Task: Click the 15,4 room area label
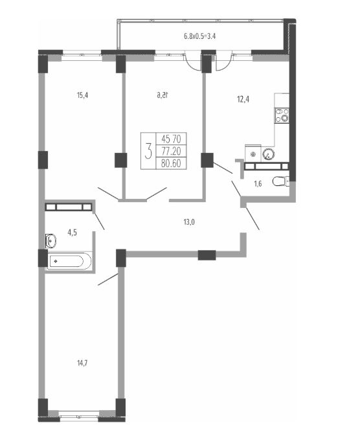click(x=83, y=95)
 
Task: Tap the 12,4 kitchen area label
click(x=243, y=100)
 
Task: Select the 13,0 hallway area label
click(x=189, y=222)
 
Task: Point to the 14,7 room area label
click(x=82, y=363)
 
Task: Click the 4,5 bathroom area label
click(x=72, y=233)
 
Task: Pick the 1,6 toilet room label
click(x=258, y=184)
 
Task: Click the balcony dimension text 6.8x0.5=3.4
click(x=200, y=36)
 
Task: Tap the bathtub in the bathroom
click(x=70, y=261)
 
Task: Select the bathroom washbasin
click(x=51, y=241)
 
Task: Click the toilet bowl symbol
click(x=280, y=181)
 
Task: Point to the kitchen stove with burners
click(x=282, y=115)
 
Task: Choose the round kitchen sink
click(x=268, y=154)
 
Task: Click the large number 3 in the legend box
click(x=148, y=151)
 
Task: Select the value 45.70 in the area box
click(x=171, y=139)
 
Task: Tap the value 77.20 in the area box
click(x=171, y=151)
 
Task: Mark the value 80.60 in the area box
click(x=171, y=163)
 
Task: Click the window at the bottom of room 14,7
click(x=79, y=414)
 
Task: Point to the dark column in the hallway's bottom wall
click(x=207, y=255)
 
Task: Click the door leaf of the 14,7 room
click(x=108, y=279)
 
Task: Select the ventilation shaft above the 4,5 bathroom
click(x=69, y=207)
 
